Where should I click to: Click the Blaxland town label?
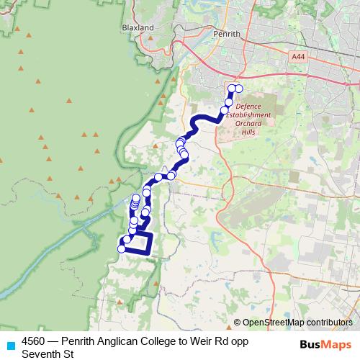[139, 27]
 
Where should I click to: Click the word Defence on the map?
[248, 106]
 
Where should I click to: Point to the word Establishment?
[248, 114]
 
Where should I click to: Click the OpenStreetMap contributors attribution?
[297, 323]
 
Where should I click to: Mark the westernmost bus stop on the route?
[121, 249]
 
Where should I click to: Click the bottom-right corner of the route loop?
[150, 252]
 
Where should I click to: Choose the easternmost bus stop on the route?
[238, 89]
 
